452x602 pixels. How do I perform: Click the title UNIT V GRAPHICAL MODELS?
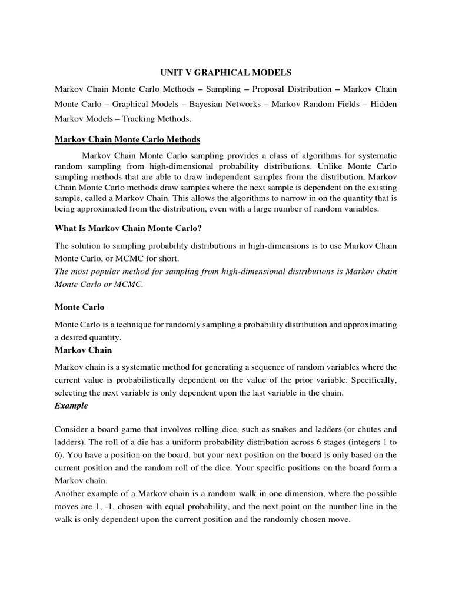click(227, 73)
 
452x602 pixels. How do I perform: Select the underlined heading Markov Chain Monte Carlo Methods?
click(127, 139)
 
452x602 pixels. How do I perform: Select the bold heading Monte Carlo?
click(79, 307)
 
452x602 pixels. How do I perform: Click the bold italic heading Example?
click(71, 406)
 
